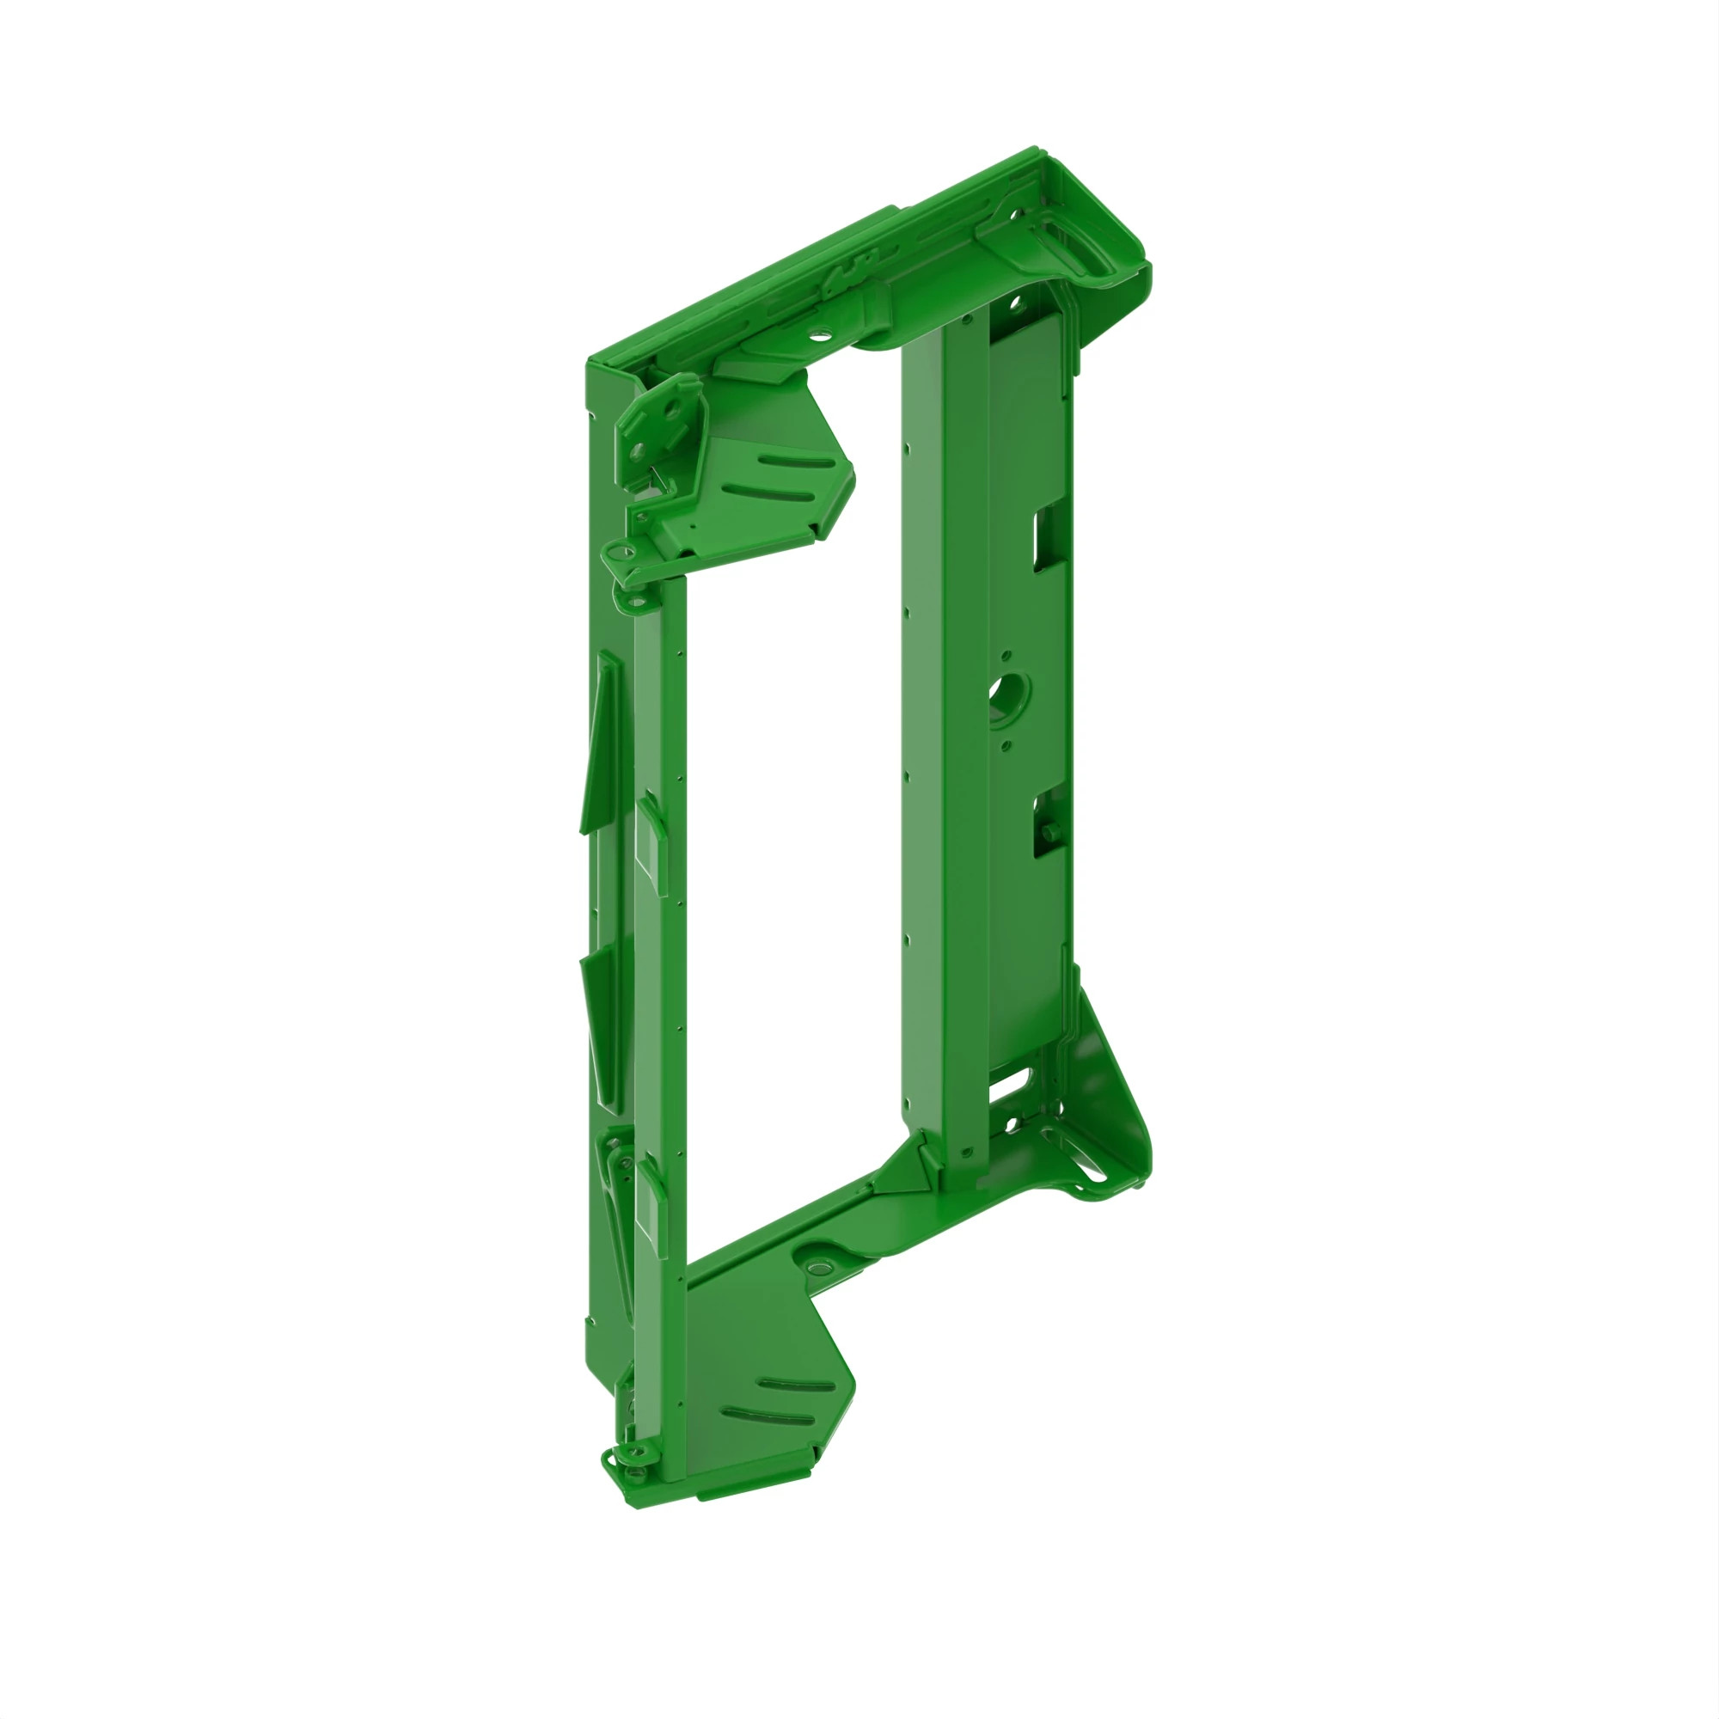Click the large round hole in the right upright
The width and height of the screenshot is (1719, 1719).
click(1009, 691)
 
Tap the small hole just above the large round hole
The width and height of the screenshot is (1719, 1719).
click(1006, 655)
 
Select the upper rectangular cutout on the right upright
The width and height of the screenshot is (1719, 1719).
click(1043, 536)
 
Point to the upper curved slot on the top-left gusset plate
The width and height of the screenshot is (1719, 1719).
click(798, 462)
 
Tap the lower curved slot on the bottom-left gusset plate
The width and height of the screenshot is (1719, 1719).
click(766, 1415)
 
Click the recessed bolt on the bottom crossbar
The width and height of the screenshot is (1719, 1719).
click(815, 1263)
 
